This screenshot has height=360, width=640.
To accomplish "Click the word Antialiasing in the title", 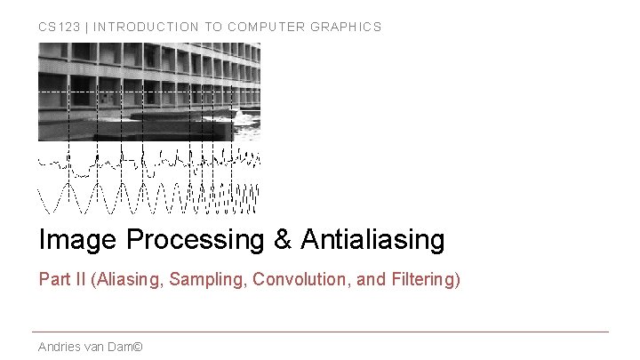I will pyautogui.click(x=372, y=239).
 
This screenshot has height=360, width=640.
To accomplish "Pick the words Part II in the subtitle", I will pyautogui.click(x=62, y=280).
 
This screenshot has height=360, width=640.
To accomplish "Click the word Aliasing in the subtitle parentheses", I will pyautogui.click(x=126, y=280).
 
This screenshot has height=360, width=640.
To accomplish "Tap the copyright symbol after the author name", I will pyautogui.click(x=137, y=347).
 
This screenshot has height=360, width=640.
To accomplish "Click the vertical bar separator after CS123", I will pyautogui.click(x=87, y=27).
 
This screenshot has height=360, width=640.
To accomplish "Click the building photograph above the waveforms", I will pyautogui.click(x=148, y=92).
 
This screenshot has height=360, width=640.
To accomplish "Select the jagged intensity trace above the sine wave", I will pyautogui.click(x=148, y=162).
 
